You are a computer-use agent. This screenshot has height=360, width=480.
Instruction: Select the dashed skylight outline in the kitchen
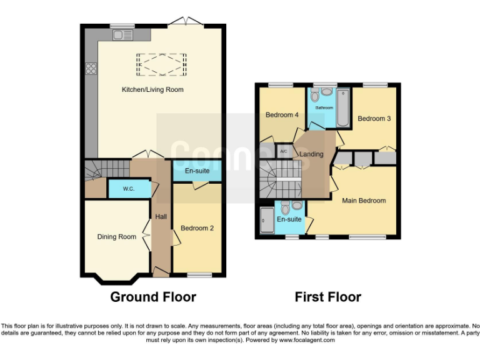tap(162, 63)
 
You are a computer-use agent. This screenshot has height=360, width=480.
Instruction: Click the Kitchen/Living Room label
tap(152, 89)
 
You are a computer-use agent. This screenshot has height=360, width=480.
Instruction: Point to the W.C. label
tap(129, 188)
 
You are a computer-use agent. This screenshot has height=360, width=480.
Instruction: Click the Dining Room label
tap(116, 237)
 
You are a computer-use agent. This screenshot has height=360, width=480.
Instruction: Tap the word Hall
tap(161, 217)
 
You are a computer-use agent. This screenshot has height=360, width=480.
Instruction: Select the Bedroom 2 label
tap(197, 228)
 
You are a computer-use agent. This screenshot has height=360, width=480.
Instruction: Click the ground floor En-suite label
tap(197, 170)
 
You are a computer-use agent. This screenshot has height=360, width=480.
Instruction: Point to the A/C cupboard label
tap(283, 151)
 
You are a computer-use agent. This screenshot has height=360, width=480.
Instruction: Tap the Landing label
tap(311, 154)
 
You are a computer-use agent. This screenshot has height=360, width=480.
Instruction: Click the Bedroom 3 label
tap(374, 118)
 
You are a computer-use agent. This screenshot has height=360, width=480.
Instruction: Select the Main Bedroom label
tap(363, 201)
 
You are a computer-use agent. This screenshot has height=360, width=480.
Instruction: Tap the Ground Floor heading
tap(153, 297)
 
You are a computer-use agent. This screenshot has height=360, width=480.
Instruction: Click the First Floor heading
tap(327, 297)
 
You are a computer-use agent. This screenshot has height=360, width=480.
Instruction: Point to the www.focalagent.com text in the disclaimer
tap(306, 341)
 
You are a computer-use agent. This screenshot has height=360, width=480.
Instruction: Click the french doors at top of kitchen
tap(185, 23)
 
